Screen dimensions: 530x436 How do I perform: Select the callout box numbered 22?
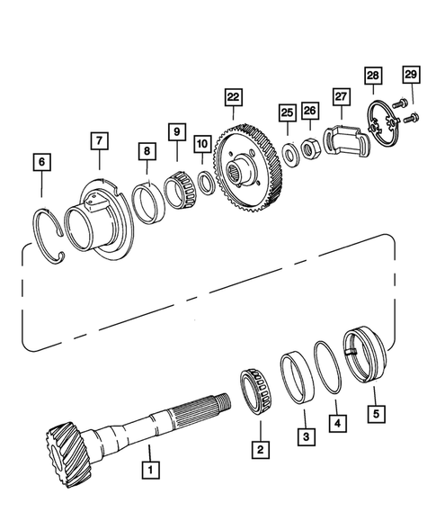(x=233, y=97)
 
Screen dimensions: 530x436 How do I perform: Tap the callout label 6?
(x=42, y=162)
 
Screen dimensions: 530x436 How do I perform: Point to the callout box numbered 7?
(x=97, y=140)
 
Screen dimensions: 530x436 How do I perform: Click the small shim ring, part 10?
(x=204, y=180)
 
